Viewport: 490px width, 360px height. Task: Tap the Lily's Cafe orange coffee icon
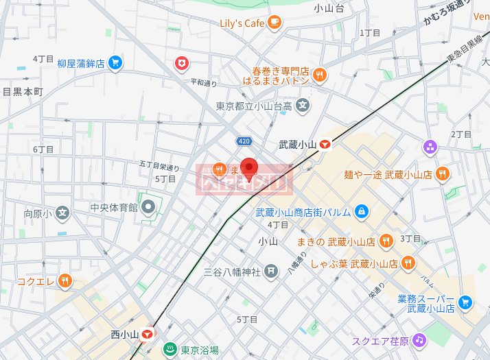click(x=275, y=23)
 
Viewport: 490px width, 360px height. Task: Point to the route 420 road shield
click(x=244, y=141)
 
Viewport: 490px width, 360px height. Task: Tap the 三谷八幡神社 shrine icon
click(x=272, y=272)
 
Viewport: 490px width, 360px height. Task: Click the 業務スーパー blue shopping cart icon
click(x=466, y=302)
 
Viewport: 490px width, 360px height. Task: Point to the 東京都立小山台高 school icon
click(x=304, y=106)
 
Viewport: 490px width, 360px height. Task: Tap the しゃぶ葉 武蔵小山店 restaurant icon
click(x=408, y=263)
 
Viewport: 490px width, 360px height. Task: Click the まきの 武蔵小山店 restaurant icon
click(x=387, y=241)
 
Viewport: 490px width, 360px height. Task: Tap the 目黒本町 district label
click(x=23, y=91)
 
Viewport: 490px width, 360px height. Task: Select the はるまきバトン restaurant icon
click(x=319, y=75)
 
